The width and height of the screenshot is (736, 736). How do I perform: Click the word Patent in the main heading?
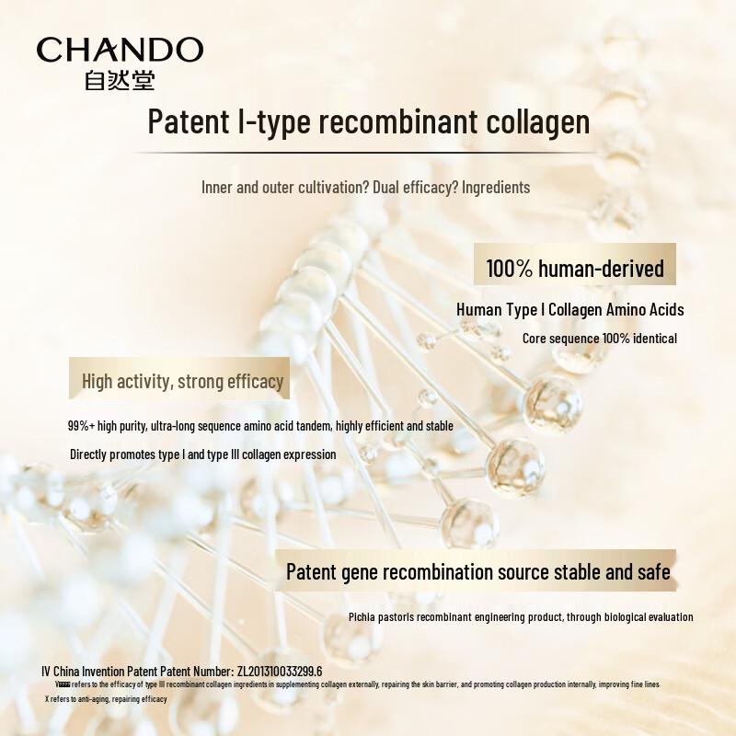click(182, 122)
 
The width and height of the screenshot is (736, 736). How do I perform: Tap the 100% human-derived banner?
click(575, 269)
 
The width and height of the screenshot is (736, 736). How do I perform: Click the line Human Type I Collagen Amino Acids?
click(570, 310)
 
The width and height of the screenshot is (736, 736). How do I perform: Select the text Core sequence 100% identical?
click(600, 339)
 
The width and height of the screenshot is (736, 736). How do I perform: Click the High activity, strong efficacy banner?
click(182, 381)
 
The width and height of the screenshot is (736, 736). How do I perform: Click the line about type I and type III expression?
click(203, 454)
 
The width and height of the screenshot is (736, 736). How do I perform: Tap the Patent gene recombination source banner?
click(477, 572)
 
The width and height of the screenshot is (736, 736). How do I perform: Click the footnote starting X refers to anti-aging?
click(105, 699)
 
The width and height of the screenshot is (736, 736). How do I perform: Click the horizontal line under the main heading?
click(368, 152)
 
